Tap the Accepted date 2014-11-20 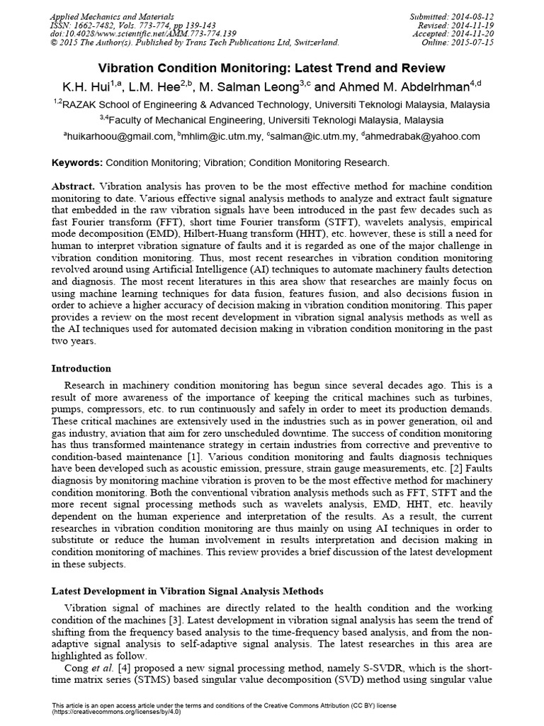[467, 33]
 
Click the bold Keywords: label [78, 162]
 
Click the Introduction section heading [81, 369]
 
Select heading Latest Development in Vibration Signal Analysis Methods [188, 591]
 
